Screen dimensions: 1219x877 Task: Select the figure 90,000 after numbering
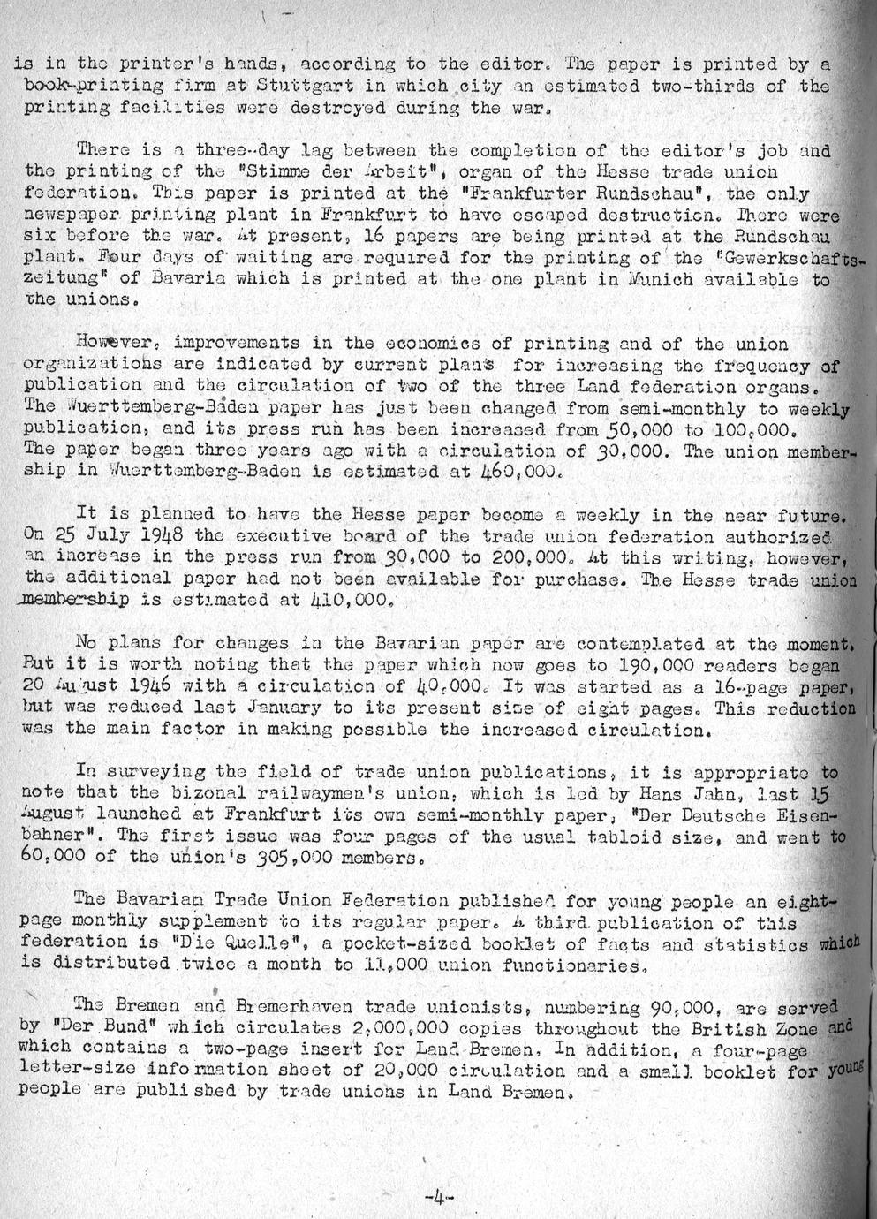point(684,1006)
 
